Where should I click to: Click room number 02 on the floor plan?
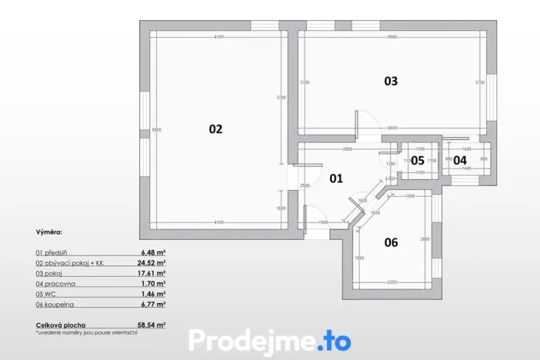(x=215, y=129)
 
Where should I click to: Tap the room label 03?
(x=391, y=81)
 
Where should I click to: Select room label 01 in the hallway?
(x=336, y=178)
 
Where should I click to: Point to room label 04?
(x=459, y=160)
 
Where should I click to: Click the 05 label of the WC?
(x=417, y=160)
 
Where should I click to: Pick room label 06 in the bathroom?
(x=391, y=242)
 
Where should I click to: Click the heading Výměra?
(x=49, y=231)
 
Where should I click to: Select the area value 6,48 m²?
(x=154, y=252)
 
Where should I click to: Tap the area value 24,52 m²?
(x=152, y=262)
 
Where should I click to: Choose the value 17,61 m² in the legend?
(x=152, y=272)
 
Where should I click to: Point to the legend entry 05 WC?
(x=48, y=294)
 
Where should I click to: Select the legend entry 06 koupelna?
(x=58, y=305)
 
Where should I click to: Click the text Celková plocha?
(x=62, y=325)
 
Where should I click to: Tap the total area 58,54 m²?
(x=152, y=325)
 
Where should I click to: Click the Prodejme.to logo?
(x=270, y=341)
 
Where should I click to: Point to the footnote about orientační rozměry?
(x=75, y=333)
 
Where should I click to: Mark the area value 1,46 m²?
(x=154, y=294)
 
